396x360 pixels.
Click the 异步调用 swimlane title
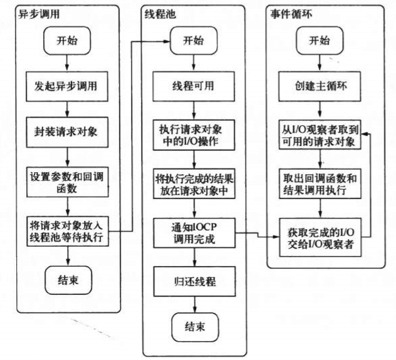pyautogui.click(x=39, y=14)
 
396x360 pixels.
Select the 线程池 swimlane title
pyautogui.click(x=160, y=14)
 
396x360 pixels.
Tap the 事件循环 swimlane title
pyautogui.click(x=291, y=14)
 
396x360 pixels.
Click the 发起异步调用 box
pyautogui.click(x=67, y=86)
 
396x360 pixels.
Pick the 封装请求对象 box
pyautogui.click(x=67, y=132)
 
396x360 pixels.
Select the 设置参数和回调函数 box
pyautogui.click(x=68, y=182)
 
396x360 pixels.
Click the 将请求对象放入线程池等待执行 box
pyautogui.click(x=68, y=231)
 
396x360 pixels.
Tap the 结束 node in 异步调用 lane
pyautogui.click(x=68, y=280)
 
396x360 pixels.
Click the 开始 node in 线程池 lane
pyautogui.click(x=194, y=41)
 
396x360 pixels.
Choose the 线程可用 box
pyautogui.click(x=194, y=86)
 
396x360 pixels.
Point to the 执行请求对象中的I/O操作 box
pyautogui.click(x=194, y=135)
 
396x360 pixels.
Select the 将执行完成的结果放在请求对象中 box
pyautogui.click(x=194, y=183)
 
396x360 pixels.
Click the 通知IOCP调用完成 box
pyautogui.click(x=194, y=233)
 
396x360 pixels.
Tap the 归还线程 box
pyautogui.click(x=194, y=281)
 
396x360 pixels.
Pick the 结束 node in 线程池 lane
pyautogui.click(x=195, y=327)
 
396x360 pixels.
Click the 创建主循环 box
pyautogui.click(x=320, y=86)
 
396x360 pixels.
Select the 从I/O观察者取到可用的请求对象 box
pyautogui.click(x=320, y=135)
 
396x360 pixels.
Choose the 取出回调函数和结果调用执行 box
pyautogui.click(x=320, y=183)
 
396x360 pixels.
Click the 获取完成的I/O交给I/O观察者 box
pyautogui.click(x=320, y=237)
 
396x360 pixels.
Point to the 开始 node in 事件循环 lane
pyautogui.click(x=320, y=41)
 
